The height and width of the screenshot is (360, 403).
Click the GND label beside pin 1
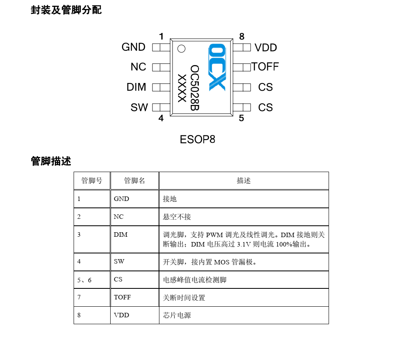pos(133,47)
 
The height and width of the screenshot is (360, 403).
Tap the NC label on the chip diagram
pos(138,67)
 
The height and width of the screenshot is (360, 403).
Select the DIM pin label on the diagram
pos(136,87)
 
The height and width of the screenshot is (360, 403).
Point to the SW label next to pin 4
pos(139,107)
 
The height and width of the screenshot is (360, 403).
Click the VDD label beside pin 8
pos(266,48)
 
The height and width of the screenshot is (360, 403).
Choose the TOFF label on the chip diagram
pos(265,67)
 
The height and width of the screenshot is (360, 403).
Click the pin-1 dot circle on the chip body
pos(181,48)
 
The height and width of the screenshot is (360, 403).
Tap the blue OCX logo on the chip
pos(217,68)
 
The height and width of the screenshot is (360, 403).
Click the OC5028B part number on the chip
pos(194,88)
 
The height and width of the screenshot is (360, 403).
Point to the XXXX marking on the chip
pos(182,88)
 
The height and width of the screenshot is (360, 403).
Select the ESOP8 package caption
pos(197,140)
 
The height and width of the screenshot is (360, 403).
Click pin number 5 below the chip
pos(241,118)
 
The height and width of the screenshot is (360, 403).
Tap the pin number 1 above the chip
pos(161,37)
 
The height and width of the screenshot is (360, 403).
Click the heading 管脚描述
pos(51,161)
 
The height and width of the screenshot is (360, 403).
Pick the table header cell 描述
pos(244,181)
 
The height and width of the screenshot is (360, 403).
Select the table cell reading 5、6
pos(84,280)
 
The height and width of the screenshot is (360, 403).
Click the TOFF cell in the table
pos(122,297)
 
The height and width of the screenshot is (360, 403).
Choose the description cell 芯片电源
pos(177,315)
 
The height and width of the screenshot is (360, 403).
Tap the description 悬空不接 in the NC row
pos(177,217)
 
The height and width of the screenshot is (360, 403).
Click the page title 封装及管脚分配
pos(66,10)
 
